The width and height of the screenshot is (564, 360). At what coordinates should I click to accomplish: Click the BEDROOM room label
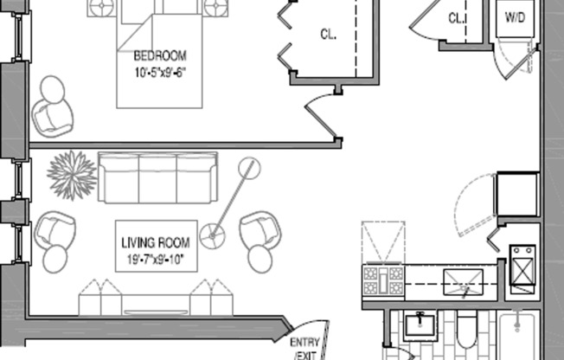[x=160, y=55]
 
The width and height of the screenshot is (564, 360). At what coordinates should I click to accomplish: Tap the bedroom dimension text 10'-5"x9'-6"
[x=161, y=73]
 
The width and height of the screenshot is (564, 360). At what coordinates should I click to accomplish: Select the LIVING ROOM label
[x=156, y=242]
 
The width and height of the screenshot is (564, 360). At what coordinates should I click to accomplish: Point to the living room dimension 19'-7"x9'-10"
[x=156, y=260]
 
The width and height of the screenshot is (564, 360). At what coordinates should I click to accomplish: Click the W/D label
[x=515, y=17]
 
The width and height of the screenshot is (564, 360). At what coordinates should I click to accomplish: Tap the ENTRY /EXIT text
[x=304, y=349]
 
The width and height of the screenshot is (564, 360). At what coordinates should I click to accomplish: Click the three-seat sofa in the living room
[x=157, y=177]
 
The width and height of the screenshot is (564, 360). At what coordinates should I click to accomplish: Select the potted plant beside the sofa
[x=72, y=175]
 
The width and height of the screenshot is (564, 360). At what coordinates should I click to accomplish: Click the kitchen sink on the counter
[x=464, y=282]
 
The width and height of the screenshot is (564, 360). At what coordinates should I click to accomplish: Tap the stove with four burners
[x=383, y=280]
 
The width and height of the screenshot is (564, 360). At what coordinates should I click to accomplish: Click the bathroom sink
[x=420, y=325]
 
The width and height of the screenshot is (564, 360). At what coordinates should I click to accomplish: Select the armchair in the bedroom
[x=53, y=118]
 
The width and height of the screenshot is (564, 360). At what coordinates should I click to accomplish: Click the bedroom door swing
[x=323, y=116]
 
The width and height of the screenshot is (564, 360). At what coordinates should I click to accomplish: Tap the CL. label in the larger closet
[x=328, y=35]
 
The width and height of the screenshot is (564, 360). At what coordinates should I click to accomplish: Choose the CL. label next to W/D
[x=457, y=18]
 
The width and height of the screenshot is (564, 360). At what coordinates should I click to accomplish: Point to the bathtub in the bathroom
[x=518, y=336]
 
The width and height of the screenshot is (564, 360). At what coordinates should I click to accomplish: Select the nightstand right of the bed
[x=215, y=7]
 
